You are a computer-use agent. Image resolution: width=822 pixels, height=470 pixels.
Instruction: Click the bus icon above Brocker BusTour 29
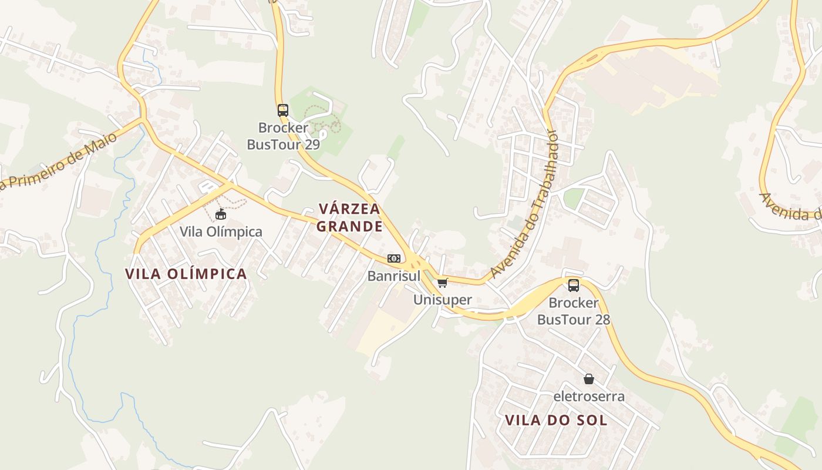(283, 110)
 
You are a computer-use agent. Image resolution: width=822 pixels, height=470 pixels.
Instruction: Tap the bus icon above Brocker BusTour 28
(574, 286)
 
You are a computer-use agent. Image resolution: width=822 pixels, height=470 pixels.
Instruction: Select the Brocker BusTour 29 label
(284, 136)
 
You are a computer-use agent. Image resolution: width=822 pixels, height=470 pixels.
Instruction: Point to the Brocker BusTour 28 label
(574, 311)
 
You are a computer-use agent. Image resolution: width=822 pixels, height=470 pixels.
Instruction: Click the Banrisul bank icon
(394, 258)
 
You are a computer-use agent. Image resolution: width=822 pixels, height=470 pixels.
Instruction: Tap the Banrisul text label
(394, 276)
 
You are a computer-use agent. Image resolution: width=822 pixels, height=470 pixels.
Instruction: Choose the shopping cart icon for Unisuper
(443, 283)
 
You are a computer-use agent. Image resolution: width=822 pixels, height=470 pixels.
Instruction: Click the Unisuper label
(443, 300)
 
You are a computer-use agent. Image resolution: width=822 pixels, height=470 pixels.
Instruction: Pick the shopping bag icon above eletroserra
(589, 379)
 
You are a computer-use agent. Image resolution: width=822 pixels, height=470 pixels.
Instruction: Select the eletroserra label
(589, 397)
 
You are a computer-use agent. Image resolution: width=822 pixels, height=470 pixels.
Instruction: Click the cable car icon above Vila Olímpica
(221, 214)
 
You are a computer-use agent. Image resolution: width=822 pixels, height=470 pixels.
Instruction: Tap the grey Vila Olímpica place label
(221, 231)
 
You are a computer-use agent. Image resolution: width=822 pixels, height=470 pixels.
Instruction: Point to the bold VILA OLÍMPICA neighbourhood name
(186, 274)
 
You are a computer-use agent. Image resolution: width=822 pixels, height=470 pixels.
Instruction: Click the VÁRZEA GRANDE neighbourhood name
(350, 217)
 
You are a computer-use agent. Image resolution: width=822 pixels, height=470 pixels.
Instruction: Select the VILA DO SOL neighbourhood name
(556, 420)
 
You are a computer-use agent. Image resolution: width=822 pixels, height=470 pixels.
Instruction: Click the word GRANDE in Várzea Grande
(350, 226)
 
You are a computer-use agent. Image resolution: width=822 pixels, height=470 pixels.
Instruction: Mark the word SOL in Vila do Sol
(593, 420)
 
